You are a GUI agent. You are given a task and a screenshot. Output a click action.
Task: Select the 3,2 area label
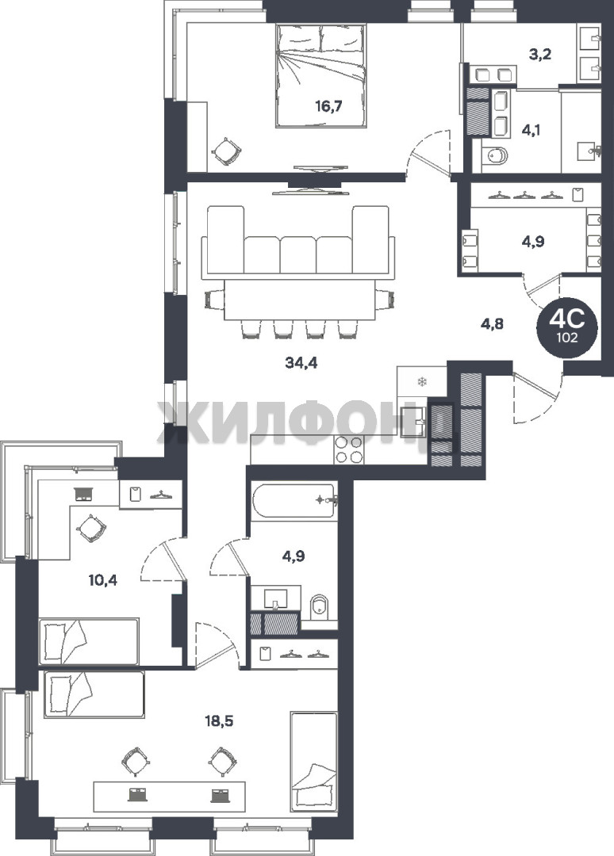click(539, 54)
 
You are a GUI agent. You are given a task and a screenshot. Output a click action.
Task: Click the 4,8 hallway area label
click(492, 323)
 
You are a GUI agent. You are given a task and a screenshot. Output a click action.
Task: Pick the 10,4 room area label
click(102, 579)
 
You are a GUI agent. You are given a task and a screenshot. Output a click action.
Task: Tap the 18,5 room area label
click(218, 721)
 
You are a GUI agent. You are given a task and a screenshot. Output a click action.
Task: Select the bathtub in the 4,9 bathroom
click(294, 501)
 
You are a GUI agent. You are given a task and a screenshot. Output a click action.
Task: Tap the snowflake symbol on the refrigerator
click(421, 381)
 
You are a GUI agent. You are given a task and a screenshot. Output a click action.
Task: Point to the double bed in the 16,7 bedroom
click(320, 76)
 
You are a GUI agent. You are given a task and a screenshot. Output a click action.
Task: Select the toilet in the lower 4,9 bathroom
click(320, 608)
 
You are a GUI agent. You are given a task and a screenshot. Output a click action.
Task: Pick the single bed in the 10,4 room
click(90, 641)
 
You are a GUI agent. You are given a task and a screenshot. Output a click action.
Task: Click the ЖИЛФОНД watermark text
click(306, 422)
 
